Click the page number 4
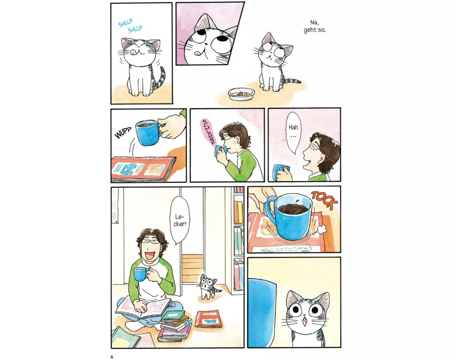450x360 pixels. (112, 357)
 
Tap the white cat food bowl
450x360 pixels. (241, 94)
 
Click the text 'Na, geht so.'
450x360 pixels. (315, 26)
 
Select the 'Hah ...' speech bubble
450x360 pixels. (293, 132)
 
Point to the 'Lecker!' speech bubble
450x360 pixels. (180, 220)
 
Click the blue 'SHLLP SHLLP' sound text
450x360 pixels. (130, 26)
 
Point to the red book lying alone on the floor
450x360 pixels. (209, 319)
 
